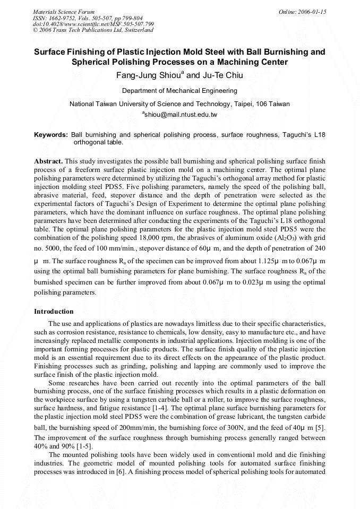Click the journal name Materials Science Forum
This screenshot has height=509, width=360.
click(64, 11)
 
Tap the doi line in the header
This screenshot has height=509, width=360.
click(93, 24)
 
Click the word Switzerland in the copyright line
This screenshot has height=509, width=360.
click(139, 30)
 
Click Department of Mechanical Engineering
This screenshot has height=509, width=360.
click(179, 91)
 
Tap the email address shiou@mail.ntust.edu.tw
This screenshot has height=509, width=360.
click(181, 115)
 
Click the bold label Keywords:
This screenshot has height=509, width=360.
click(51, 135)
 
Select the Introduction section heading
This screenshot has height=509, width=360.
click(54, 311)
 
